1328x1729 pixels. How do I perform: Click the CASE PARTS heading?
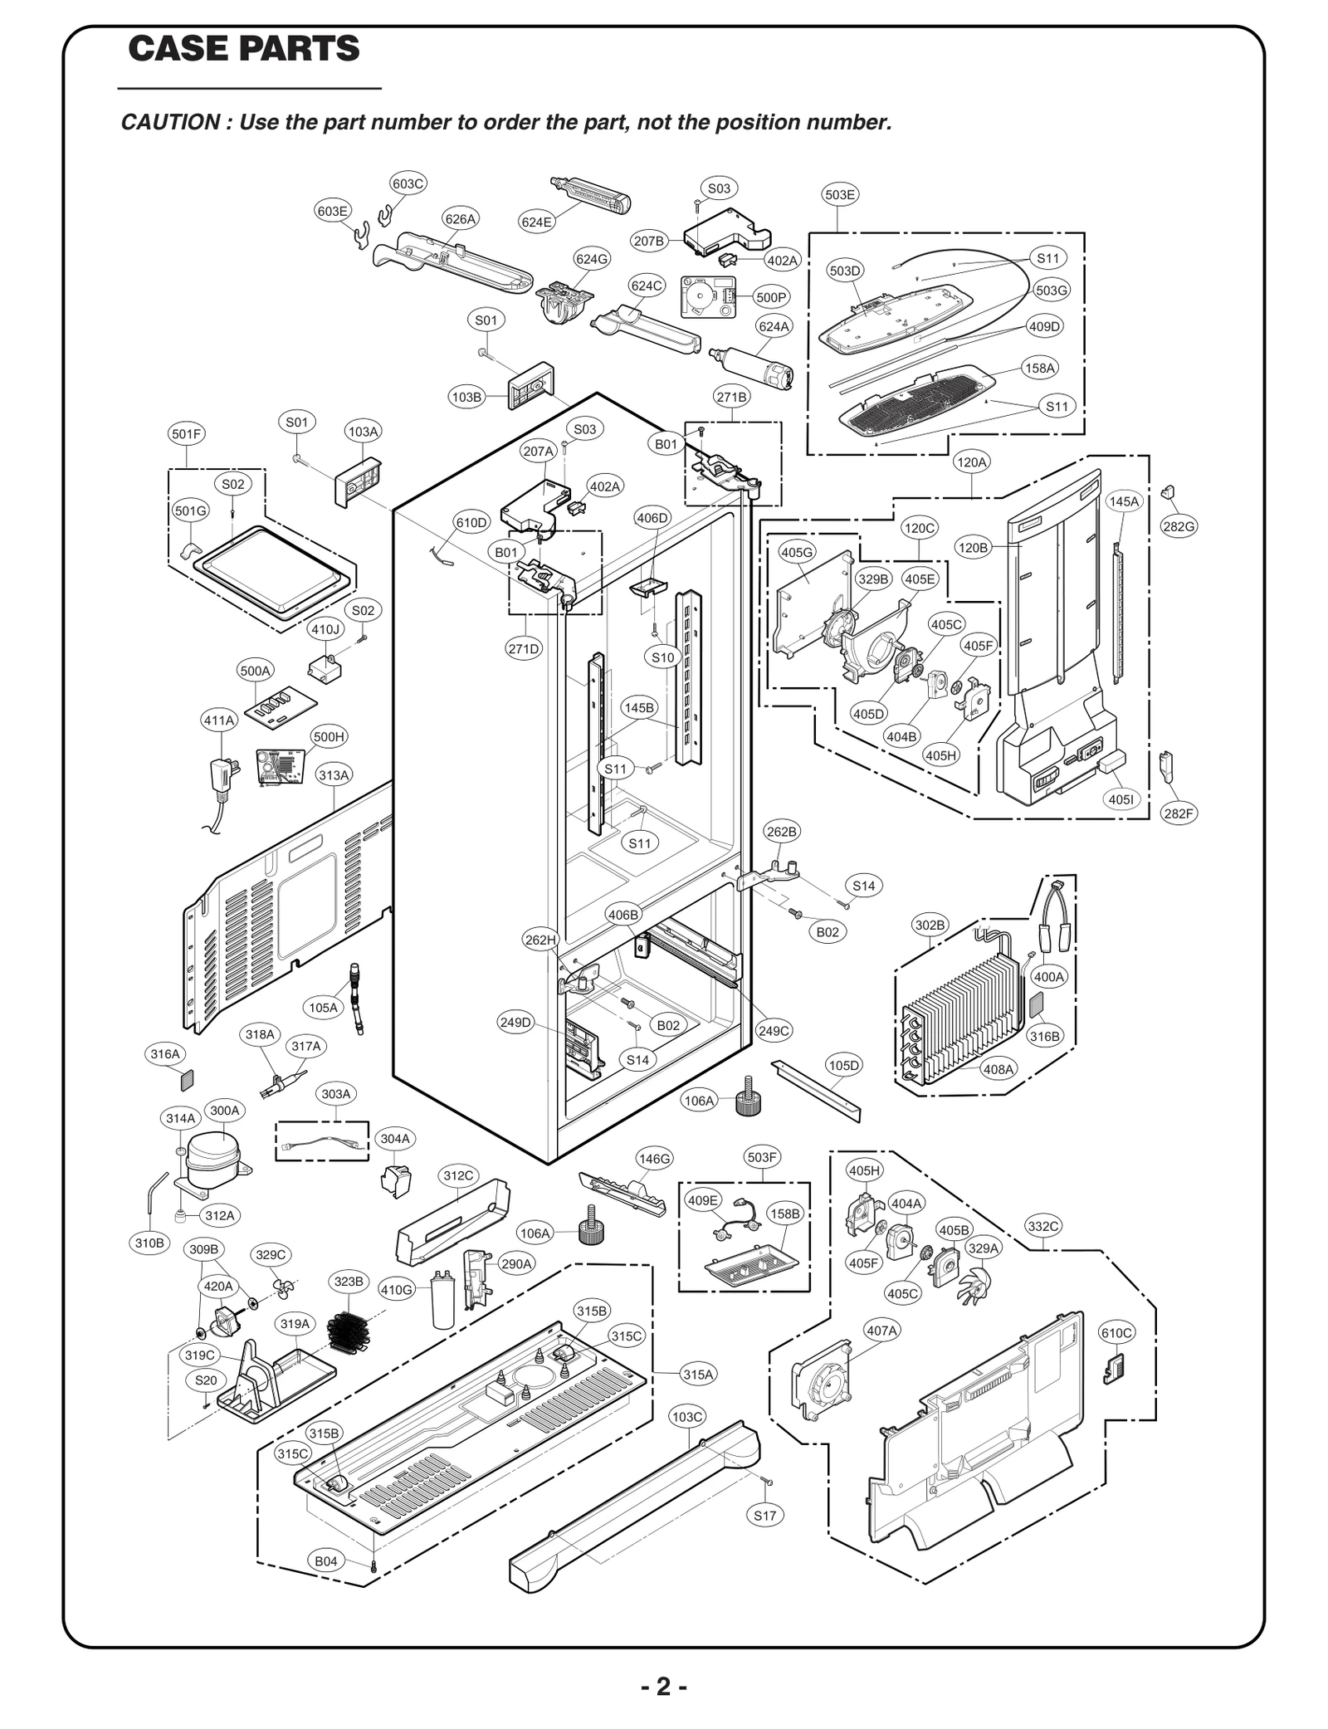[x=244, y=49]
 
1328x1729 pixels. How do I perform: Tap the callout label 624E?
[x=535, y=222]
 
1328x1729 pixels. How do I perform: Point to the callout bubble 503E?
[x=839, y=194]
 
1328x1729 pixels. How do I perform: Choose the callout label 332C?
[x=1042, y=1226]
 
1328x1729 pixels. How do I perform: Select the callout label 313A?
[x=334, y=775]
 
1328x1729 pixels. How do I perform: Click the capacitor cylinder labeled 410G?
[x=444, y=1301]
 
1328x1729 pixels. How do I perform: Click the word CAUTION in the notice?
[x=169, y=122]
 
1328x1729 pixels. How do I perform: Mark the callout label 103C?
[x=686, y=1417]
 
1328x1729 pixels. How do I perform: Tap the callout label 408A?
[x=998, y=1069]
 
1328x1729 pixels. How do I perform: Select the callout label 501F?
[x=186, y=434]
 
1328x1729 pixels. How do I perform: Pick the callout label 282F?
[x=1178, y=813]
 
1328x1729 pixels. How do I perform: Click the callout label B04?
[x=325, y=1561]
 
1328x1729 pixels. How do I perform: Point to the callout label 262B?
[x=781, y=831]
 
